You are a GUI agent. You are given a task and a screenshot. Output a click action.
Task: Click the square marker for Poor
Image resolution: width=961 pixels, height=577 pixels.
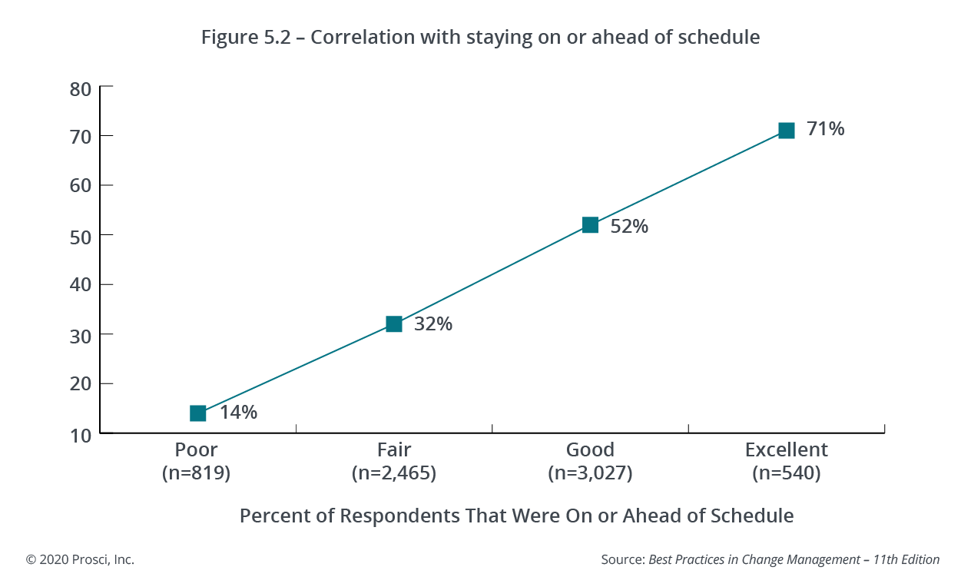click(198, 413)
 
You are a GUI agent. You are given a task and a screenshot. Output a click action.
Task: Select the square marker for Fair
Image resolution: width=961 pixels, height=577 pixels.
click(394, 324)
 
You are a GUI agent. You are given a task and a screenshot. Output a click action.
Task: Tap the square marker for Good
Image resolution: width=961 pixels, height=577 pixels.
click(590, 225)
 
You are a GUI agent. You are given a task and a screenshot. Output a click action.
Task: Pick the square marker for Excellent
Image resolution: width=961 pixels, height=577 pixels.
click(786, 131)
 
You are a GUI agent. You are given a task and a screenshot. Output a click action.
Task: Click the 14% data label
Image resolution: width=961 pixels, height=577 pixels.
click(238, 413)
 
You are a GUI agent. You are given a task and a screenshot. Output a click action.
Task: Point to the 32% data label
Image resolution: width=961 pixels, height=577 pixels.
click(433, 324)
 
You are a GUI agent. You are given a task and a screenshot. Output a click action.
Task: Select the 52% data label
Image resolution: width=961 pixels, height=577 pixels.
click(629, 227)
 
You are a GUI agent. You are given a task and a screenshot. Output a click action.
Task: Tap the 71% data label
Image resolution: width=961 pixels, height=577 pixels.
click(825, 129)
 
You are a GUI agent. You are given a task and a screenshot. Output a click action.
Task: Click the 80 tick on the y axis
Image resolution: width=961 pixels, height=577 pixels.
click(81, 88)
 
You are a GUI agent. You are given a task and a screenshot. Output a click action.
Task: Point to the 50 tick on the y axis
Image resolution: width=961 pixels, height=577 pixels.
click(81, 235)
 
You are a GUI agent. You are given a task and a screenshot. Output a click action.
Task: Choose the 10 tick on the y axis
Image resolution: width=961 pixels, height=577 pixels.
click(81, 434)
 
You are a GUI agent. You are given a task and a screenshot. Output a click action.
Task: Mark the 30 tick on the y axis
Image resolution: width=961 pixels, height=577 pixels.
click(81, 335)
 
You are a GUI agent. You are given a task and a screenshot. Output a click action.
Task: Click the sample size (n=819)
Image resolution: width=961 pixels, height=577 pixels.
click(197, 473)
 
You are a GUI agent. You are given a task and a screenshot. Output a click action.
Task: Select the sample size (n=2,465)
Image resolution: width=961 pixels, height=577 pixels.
click(394, 473)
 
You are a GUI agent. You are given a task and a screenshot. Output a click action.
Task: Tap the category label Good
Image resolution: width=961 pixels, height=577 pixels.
click(590, 449)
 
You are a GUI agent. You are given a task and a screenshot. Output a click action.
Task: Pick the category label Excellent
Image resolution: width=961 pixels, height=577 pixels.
click(786, 449)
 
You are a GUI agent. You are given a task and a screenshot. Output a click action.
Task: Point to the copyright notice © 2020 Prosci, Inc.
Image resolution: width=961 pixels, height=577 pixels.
click(80, 559)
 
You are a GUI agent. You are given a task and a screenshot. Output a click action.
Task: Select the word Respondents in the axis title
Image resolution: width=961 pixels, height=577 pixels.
click(400, 516)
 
